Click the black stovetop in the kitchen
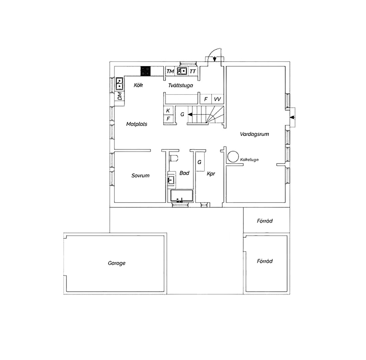[145, 71]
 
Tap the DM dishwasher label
[120, 96]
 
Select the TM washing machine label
[170, 71]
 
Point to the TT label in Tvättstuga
[193, 71]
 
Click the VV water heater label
[217, 99]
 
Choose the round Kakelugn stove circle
[233, 156]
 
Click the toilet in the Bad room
[174, 158]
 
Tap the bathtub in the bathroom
[182, 196]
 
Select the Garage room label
[116, 263]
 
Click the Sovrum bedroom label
[140, 176]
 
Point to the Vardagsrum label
[254, 134]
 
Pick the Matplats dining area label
[137, 124]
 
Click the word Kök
[138, 85]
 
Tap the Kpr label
[211, 174]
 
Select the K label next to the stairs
[168, 111]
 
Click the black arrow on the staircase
[190, 115]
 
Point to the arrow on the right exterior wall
[292, 117]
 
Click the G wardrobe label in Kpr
[199, 162]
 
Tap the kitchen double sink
[120, 84]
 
